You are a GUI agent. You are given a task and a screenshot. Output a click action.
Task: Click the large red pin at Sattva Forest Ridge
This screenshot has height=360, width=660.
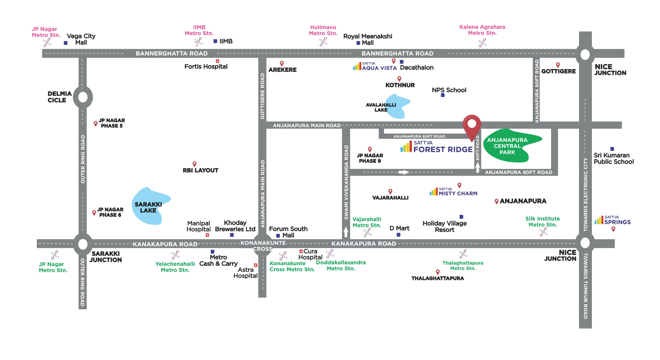[472, 124]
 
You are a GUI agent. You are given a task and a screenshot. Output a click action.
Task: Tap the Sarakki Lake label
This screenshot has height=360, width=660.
[148, 207]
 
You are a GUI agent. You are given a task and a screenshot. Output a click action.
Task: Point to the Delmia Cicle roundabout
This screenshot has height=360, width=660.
[83, 97]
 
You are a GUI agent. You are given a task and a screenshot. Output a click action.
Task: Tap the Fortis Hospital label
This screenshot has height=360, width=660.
[206, 67]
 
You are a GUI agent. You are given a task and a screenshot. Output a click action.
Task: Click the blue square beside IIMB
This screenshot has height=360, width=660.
[215, 41]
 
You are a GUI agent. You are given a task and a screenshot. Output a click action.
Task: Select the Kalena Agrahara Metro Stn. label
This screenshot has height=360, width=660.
[482, 30]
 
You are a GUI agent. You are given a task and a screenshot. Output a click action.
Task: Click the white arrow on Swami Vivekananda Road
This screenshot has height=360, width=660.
[346, 232]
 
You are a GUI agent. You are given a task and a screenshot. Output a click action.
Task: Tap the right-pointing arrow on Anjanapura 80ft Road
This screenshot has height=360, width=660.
[403, 172]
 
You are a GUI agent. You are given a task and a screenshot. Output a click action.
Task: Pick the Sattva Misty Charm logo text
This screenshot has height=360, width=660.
[457, 193]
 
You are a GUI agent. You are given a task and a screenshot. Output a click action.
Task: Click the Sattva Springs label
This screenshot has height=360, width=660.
[617, 222]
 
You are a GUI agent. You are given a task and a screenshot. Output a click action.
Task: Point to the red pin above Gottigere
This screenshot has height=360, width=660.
[558, 65]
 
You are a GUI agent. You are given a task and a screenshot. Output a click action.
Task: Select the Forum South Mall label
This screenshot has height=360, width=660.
[288, 232]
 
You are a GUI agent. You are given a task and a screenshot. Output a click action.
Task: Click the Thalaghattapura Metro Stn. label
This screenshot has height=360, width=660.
[463, 265]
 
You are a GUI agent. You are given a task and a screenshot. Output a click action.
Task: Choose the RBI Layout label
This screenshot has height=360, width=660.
[200, 170]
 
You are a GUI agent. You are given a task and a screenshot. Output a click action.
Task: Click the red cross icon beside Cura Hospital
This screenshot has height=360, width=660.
[301, 251]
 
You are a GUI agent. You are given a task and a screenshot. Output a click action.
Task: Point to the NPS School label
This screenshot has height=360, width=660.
[449, 90]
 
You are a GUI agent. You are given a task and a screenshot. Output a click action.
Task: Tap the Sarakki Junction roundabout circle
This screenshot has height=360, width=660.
[83, 244]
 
